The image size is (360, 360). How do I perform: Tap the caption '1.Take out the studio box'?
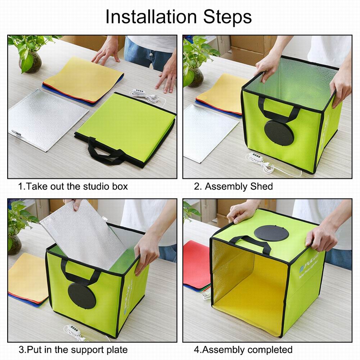click(x=73, y=187)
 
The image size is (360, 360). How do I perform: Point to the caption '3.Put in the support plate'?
click(x=73, y=349)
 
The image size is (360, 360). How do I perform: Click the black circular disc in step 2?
click(x=279, y=133)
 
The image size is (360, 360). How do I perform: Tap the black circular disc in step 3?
click(x=81, y=296)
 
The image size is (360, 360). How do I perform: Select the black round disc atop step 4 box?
click(x=271, y=233)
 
